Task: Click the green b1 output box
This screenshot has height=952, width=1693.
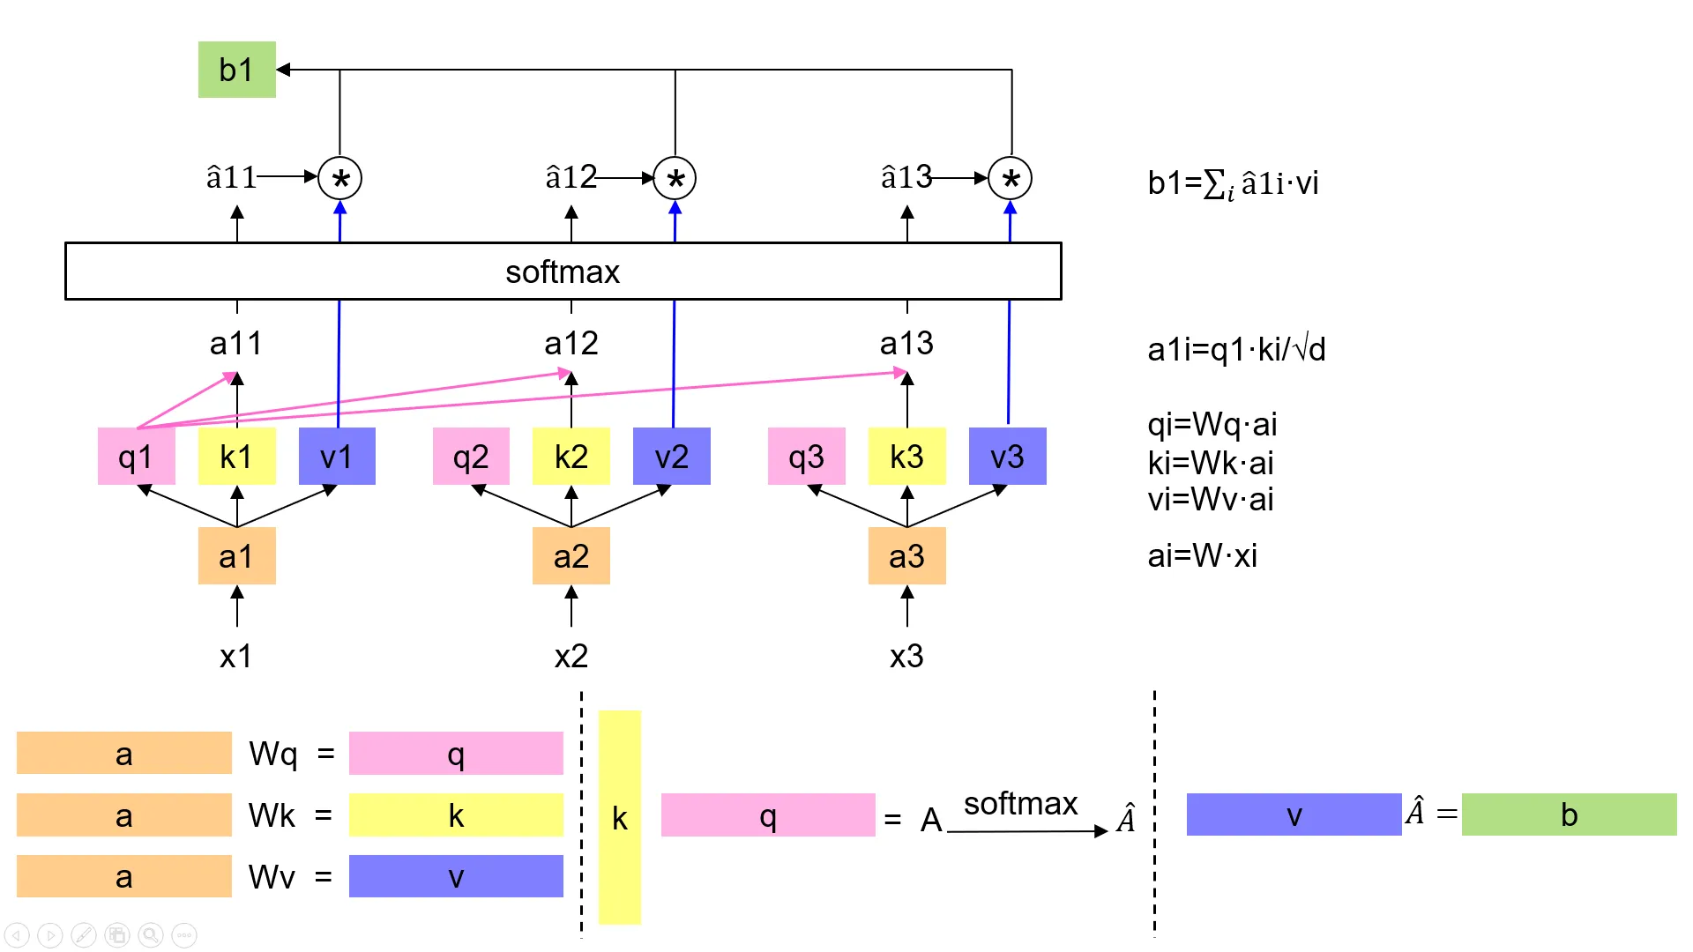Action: coord(236,70)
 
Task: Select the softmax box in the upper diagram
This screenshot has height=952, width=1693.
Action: coord(563,271)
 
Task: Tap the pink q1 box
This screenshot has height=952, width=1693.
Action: coord(136,457)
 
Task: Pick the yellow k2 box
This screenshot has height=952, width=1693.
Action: coord(571,457)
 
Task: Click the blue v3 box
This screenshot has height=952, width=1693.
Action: coord(1007,457)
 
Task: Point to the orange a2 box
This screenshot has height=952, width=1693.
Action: coord(571,556)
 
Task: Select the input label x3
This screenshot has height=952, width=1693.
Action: coord(906,656)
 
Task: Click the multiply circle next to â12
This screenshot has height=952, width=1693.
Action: coord(675,179)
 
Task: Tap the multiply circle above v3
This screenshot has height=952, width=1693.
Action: coord(1011,179)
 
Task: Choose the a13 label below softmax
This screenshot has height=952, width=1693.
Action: coord(906,343)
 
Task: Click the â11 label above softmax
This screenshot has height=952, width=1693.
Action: coord(231,178)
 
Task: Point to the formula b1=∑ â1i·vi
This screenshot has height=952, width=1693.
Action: coord(1233,183)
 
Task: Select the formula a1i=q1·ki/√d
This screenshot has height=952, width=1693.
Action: coord(1236,350)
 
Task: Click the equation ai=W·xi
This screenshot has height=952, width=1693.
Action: coord(1202,556)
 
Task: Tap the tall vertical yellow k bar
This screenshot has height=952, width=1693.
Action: coord(620,817)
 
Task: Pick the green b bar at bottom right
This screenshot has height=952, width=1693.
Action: coord(1569,814)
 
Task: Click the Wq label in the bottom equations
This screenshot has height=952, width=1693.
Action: coord(272,754)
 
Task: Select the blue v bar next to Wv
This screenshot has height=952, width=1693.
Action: coord(456,876)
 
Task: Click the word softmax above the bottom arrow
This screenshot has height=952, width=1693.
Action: coord(1020,803)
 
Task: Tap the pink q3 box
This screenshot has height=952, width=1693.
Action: coord(806,457)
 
